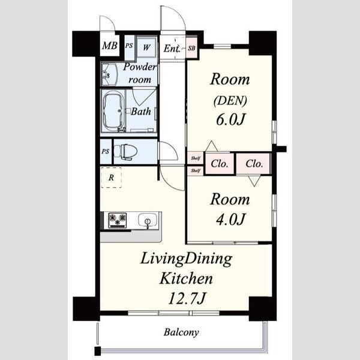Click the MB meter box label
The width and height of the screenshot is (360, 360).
click(x=110, y=46)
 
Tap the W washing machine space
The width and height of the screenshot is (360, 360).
click(x=146, y=47)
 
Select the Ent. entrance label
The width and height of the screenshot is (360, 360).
click(x=172, y=49)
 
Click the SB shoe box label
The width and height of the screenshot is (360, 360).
click(x=192, y=48)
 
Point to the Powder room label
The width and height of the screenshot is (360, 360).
click(x=140, y=73)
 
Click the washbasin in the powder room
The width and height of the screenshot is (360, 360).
click(x=110, y=74)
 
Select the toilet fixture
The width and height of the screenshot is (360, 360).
click(x=125, y=151)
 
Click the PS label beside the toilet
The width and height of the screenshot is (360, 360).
click(x=106, y=152)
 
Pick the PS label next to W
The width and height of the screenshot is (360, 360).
click(x=129, y=46)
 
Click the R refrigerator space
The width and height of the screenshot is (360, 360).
click(x=112, y=178)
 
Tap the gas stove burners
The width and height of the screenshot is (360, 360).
click(x=118, y=220)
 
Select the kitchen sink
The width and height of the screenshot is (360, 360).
click(x=148, y=220)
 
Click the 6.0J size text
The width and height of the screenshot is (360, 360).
click(x=230, y=119)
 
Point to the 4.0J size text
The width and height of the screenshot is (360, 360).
click(x=230, y=219)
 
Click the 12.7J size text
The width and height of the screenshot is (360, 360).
click(x=187, y=298)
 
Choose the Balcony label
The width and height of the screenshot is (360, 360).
click(x=181, y=332)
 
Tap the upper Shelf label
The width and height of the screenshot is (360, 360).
click(x=196, y=158)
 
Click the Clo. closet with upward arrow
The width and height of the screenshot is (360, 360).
click(x=220, y=164)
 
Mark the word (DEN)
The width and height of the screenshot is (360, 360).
click(x=230, y=100)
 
